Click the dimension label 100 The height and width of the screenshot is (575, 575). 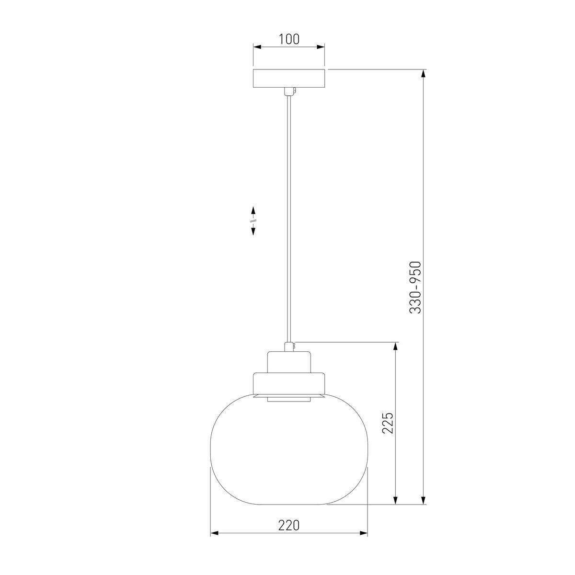(289, 39)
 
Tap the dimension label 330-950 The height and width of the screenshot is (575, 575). (415, 287)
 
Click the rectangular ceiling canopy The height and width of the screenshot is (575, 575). (289, 79)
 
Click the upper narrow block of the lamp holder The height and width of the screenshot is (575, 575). (289, 362)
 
